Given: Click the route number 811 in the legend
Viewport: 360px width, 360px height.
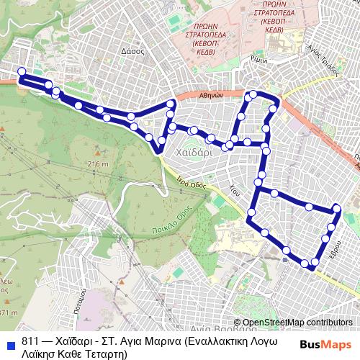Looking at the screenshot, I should [30, 340].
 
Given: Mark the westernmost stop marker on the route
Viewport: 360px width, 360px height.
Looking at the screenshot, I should [22, 71].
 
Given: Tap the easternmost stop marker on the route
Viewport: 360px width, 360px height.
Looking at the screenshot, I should [336, 210].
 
